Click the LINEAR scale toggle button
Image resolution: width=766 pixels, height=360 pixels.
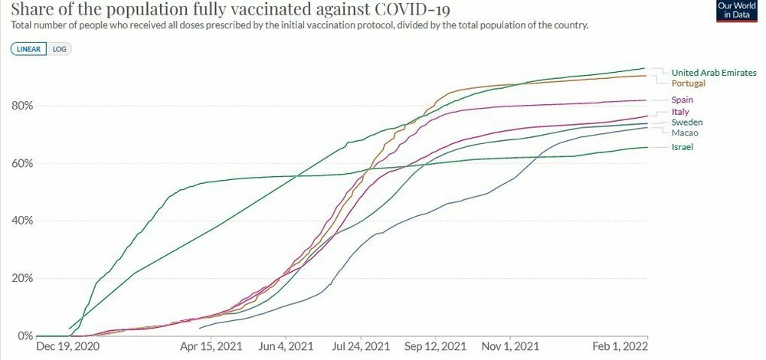pyautogui.click(x=29, y=48)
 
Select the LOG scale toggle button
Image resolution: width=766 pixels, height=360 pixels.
pyautogui.click(x=58, y=48)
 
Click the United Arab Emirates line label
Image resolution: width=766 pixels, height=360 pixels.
pyautogui.click(x=714, y=72)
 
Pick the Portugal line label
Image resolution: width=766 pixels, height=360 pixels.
pyautogui.click(x=689, y=83)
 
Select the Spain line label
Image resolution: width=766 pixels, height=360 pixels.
pyautogui.click(x=683, y=100)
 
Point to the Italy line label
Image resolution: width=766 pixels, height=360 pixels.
pyautogui.click(x=681, y=112)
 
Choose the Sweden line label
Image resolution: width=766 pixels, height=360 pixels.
pyautogui.click(x=687, y=123)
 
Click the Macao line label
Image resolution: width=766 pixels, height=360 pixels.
pyautogui.click(x=685, y=133)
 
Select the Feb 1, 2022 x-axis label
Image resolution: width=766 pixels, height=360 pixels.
pyautogui.click(x=624, y=347)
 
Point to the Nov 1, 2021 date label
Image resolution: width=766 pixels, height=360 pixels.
pyautogui.click(x=510, y=347)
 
